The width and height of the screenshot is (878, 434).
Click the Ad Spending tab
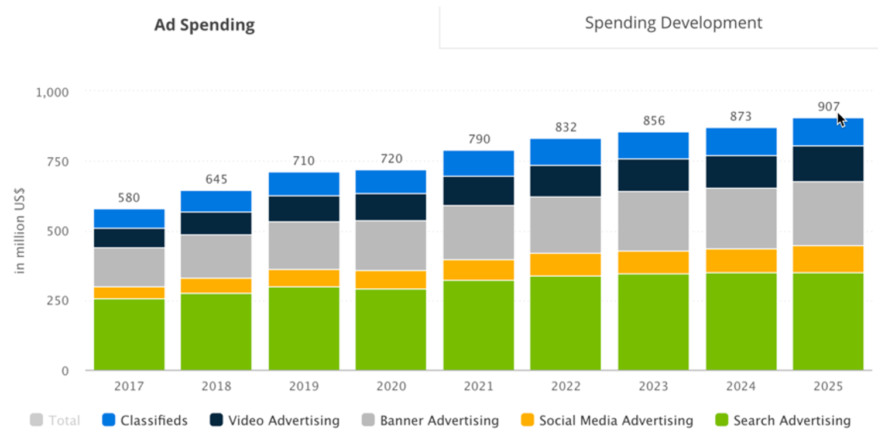click(x=204, y=25)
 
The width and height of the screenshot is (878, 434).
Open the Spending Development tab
click(x=673, y=23)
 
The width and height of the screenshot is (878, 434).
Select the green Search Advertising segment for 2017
click(x=129, y=334)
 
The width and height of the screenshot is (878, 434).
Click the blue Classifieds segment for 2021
click(x=478, y=163)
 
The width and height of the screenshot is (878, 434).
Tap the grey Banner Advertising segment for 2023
click(x=653, y=221)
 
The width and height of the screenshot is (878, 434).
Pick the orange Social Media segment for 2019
click(x=304, y=278)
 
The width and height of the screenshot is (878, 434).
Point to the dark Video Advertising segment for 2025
click(x=828, y=164)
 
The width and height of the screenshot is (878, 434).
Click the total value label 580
click(x=129, y=198)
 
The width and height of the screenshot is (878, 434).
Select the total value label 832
click(x=566, y=127)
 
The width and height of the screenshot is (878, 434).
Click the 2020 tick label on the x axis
click(x=391, y=387)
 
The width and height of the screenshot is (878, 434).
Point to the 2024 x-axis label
click(x=741, y=387)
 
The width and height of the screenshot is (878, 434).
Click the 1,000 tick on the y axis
click(x=53, y=92)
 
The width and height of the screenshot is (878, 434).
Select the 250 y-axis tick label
click(x=57, y=301)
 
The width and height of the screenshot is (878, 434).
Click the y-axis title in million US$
click(x=20, y=231)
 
